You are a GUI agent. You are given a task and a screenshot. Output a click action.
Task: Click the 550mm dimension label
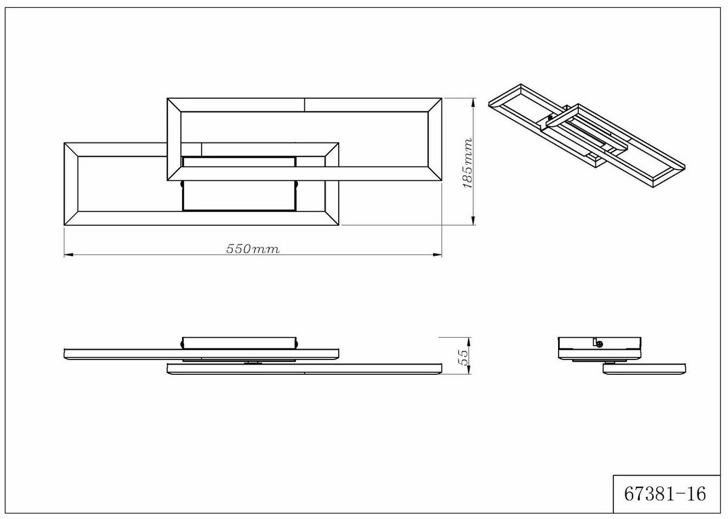click(x=253, y=249)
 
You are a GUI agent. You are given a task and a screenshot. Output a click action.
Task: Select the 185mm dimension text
click(x=468, y=163)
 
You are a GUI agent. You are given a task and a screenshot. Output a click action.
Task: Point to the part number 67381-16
click(x=665, y=494)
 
